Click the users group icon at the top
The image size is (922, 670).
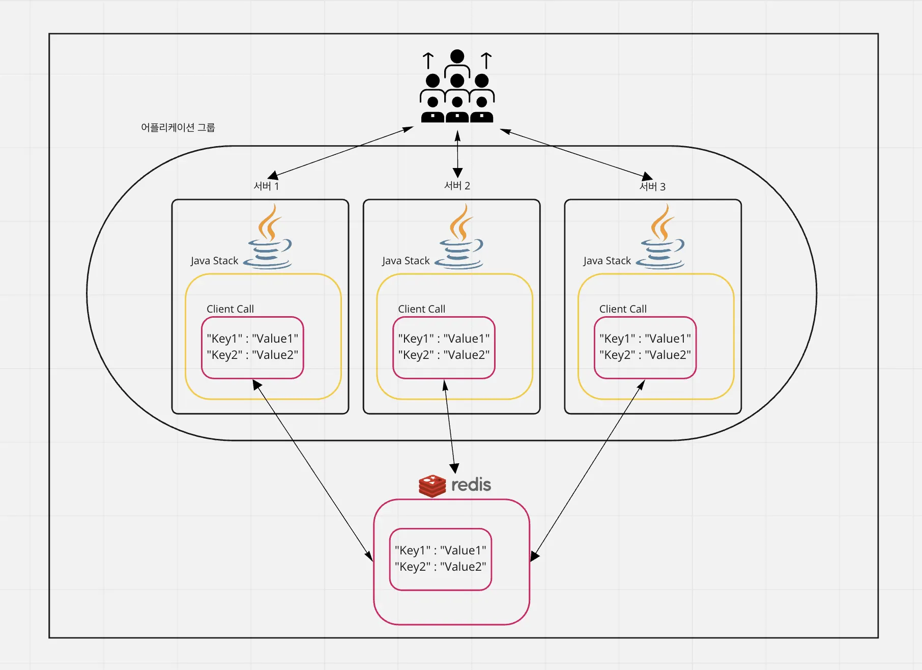coord(457,87)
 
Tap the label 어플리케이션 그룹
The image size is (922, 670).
coord(178,127)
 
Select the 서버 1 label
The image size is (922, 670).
coord(266,186)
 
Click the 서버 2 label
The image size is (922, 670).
coord(457,185)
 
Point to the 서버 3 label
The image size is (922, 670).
coord(652,186)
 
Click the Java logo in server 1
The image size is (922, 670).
coord(269,237)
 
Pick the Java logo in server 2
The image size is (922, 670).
coord(460,237)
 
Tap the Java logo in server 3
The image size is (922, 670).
coord(661,237)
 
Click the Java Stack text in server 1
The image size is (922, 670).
coord(214,261)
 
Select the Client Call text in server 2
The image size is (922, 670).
coord(421,309)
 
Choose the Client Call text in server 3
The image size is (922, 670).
coord(623,309)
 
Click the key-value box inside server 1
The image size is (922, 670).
coord(252,347)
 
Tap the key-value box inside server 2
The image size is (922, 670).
coord(444,347)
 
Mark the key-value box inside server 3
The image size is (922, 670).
coord(645,347)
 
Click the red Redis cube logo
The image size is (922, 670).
coord(432,486)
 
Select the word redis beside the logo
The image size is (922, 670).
coord(471,485)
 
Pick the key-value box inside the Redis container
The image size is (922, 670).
coord(441,559)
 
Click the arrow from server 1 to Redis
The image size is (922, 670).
coord(312,470)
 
